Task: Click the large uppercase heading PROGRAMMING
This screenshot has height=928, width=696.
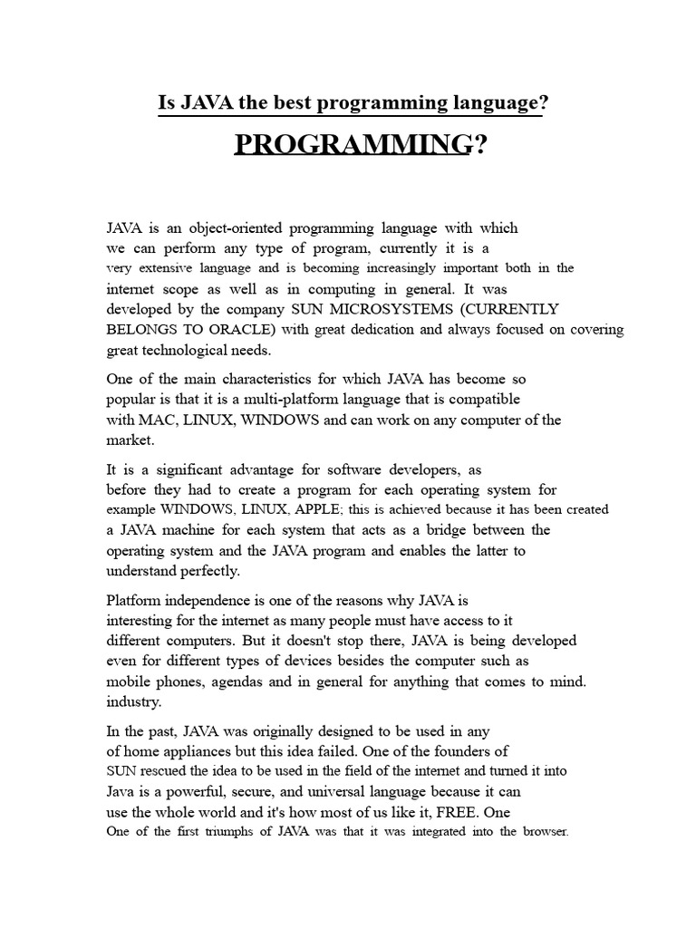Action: (353, 144)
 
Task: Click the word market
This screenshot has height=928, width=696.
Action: (130, 440)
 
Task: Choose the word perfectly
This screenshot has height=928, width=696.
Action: (206, 571)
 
